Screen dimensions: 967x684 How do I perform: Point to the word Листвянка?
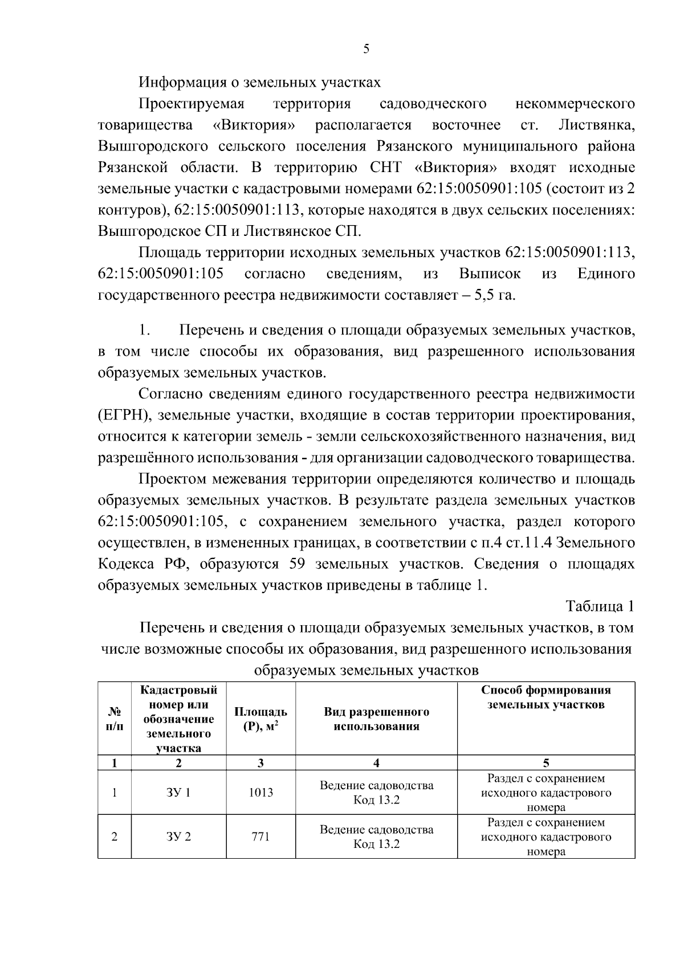click(x=596, y=125)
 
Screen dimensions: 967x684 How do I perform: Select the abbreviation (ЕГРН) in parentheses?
click(x=124, y=416)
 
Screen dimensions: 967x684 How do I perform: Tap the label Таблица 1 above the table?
click(x=600, y=606)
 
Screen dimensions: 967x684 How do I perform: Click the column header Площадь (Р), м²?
click(x=260, y=719)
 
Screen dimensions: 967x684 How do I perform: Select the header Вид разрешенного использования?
click(x=376, y=719)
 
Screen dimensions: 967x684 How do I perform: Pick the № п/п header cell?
click(x=114, y=719)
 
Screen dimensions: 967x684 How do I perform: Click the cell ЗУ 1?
click(x=178, y=793)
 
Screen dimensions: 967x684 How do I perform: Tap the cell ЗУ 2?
click(x=178, y=837)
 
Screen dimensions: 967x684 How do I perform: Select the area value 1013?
click(x=260, y=793)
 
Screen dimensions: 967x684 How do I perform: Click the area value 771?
click(x=260, y=837)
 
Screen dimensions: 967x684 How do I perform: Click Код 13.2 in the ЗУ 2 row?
click(x=376, y=844)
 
